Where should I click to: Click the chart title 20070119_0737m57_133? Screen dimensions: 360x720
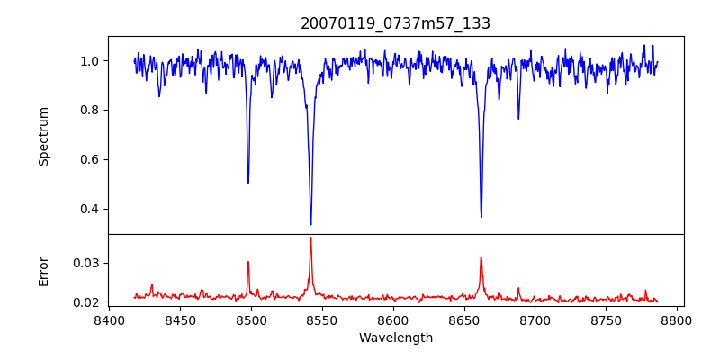[395, 23]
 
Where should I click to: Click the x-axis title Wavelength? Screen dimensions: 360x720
[395, 337]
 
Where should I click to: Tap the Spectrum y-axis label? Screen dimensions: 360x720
[43, 136]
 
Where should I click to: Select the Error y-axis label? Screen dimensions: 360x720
[43, 271]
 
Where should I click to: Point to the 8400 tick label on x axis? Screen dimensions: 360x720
[109, 319]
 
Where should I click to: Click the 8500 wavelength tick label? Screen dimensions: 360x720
[251, 319]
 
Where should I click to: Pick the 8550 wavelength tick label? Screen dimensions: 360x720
[322, 319]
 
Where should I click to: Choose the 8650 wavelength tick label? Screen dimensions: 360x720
[464, 319]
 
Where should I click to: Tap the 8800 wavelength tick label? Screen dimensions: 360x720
[678, 319]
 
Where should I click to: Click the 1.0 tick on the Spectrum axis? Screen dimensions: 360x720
[94, 61]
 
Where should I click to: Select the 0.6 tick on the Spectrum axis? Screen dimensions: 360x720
[94, 160]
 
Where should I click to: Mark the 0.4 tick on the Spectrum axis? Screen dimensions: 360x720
[94, 210]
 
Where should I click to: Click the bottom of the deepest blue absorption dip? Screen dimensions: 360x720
[310, 224]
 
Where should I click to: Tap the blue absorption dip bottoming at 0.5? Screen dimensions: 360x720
[248, 183]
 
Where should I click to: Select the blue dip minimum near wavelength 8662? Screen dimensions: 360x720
[481, 217]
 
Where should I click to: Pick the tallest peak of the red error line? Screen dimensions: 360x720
[310, 238]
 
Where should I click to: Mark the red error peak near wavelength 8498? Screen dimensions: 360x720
[248, 262]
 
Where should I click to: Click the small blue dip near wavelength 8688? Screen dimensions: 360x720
[518, 119]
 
